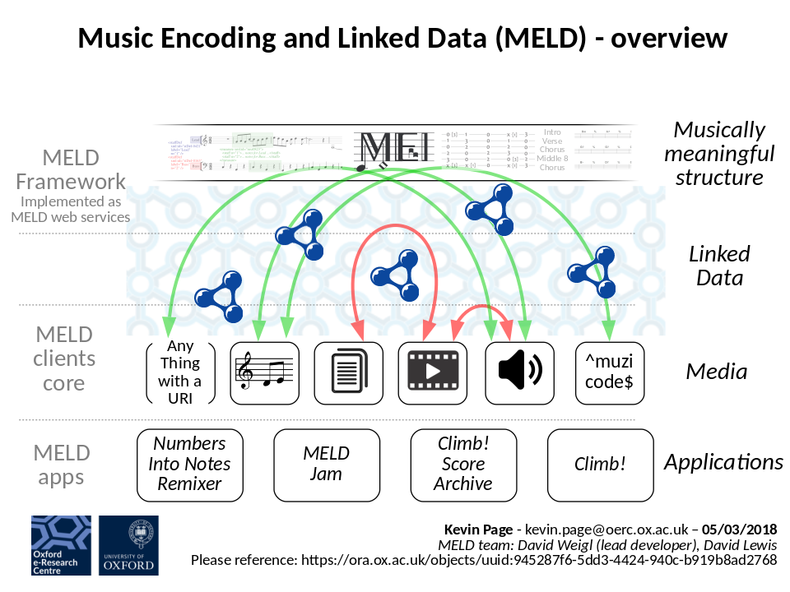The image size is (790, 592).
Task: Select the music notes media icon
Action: (262, 372)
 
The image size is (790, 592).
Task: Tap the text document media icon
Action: (347, 372)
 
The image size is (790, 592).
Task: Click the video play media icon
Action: (433, 372)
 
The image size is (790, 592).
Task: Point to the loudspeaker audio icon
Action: (519, 372)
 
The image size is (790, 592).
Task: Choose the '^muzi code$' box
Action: (609, 372)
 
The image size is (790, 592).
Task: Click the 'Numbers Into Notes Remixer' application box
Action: (189, 465)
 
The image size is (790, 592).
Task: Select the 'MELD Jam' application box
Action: (327, 465)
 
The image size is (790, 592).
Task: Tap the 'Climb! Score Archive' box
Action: (463, 465)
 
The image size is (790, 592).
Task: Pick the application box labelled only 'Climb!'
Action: (601, 465)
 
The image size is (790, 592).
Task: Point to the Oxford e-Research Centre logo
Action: (61, 545)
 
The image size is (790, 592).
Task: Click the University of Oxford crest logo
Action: (128, 545)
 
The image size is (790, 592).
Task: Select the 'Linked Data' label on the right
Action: (719, 266)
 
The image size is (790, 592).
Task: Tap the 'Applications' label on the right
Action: (723, 462)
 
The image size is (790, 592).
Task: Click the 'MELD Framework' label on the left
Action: (71, 169)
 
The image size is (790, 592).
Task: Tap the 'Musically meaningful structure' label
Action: (719, 153)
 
